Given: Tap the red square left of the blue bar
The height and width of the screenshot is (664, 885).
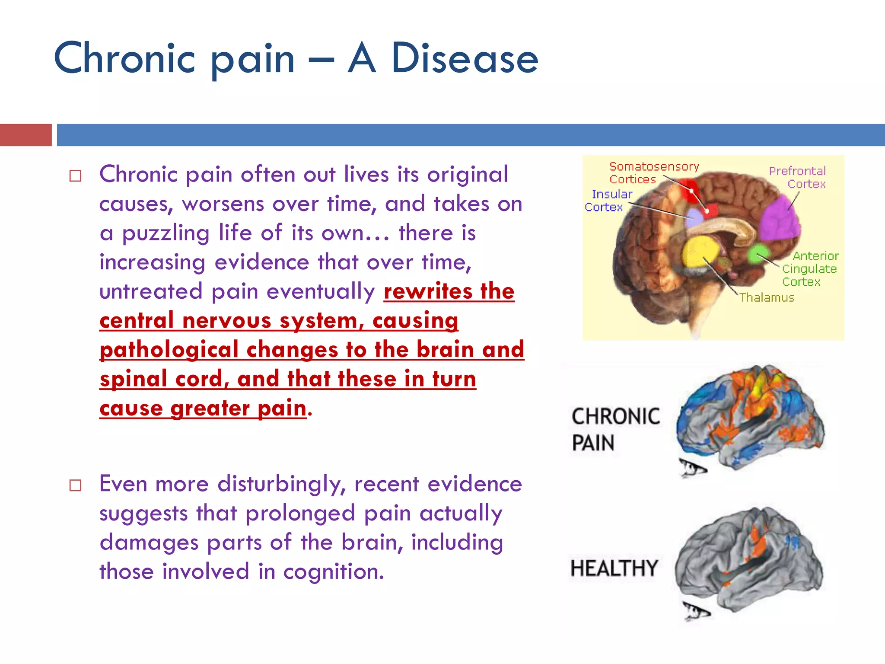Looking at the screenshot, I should point(26,135).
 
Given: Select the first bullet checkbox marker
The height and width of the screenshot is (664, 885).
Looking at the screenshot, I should point(75,176).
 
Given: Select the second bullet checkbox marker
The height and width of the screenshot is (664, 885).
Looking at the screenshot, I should point(75,485).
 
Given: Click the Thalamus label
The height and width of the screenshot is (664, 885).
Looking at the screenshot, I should point(767,297).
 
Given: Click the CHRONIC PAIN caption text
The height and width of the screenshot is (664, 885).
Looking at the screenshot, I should point(615,429).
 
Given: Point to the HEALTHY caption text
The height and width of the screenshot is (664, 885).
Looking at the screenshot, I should point(614,568).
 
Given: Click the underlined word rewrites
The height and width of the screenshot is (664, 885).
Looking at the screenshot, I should point(428,291).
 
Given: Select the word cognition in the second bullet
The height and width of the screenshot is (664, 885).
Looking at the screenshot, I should point(333,571).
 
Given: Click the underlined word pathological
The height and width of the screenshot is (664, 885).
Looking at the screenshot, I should point(169,350).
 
